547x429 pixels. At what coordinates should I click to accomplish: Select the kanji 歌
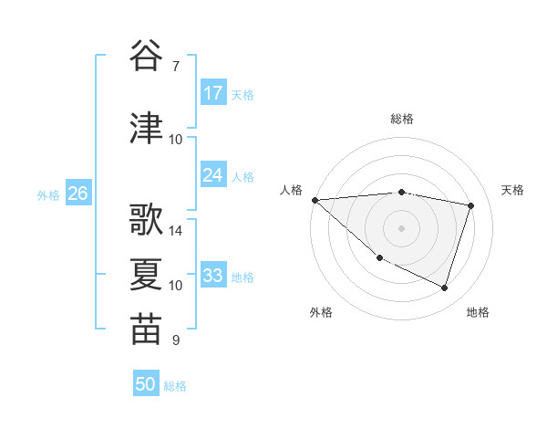tap(147, 220)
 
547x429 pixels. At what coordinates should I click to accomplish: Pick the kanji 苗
tap(147, 330)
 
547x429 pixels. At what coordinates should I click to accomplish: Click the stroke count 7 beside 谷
tap(175, 67)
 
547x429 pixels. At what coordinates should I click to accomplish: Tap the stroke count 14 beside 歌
tap(176, 231)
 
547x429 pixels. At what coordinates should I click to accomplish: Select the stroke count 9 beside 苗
tap(175, 340)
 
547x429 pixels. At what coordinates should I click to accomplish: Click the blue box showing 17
tap(213, 93)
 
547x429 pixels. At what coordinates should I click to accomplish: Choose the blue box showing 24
tap(213, 175)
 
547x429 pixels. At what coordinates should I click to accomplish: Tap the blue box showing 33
tap(213, 276)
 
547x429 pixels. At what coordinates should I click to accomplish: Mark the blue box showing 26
tap(78, 194)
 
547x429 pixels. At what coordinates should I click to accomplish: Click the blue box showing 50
tap(146, 385)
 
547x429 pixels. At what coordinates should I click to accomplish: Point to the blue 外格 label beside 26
tap(48, 194)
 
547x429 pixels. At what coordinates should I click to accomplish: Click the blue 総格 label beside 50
tap(175, 386)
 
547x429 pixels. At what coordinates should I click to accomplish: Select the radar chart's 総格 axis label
tap(401, 119)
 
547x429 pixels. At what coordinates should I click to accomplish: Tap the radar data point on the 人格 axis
tap(315, 200)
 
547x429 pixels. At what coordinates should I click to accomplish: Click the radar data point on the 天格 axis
tap(470, 205)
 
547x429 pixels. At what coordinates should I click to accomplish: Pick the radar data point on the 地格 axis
tap(444, 288)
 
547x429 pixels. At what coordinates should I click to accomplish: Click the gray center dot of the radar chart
tap(401, 227)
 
